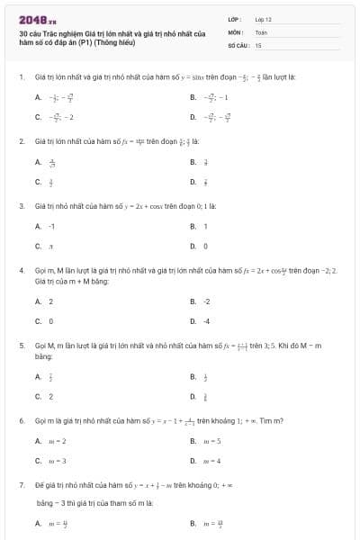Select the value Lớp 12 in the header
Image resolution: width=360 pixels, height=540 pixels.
(x=263, y=19)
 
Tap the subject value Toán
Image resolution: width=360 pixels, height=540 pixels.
(x=261, y=31)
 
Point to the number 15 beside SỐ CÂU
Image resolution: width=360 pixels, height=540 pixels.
(x=258, y=44)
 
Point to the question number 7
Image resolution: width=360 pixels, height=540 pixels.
(x=21, y=484)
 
